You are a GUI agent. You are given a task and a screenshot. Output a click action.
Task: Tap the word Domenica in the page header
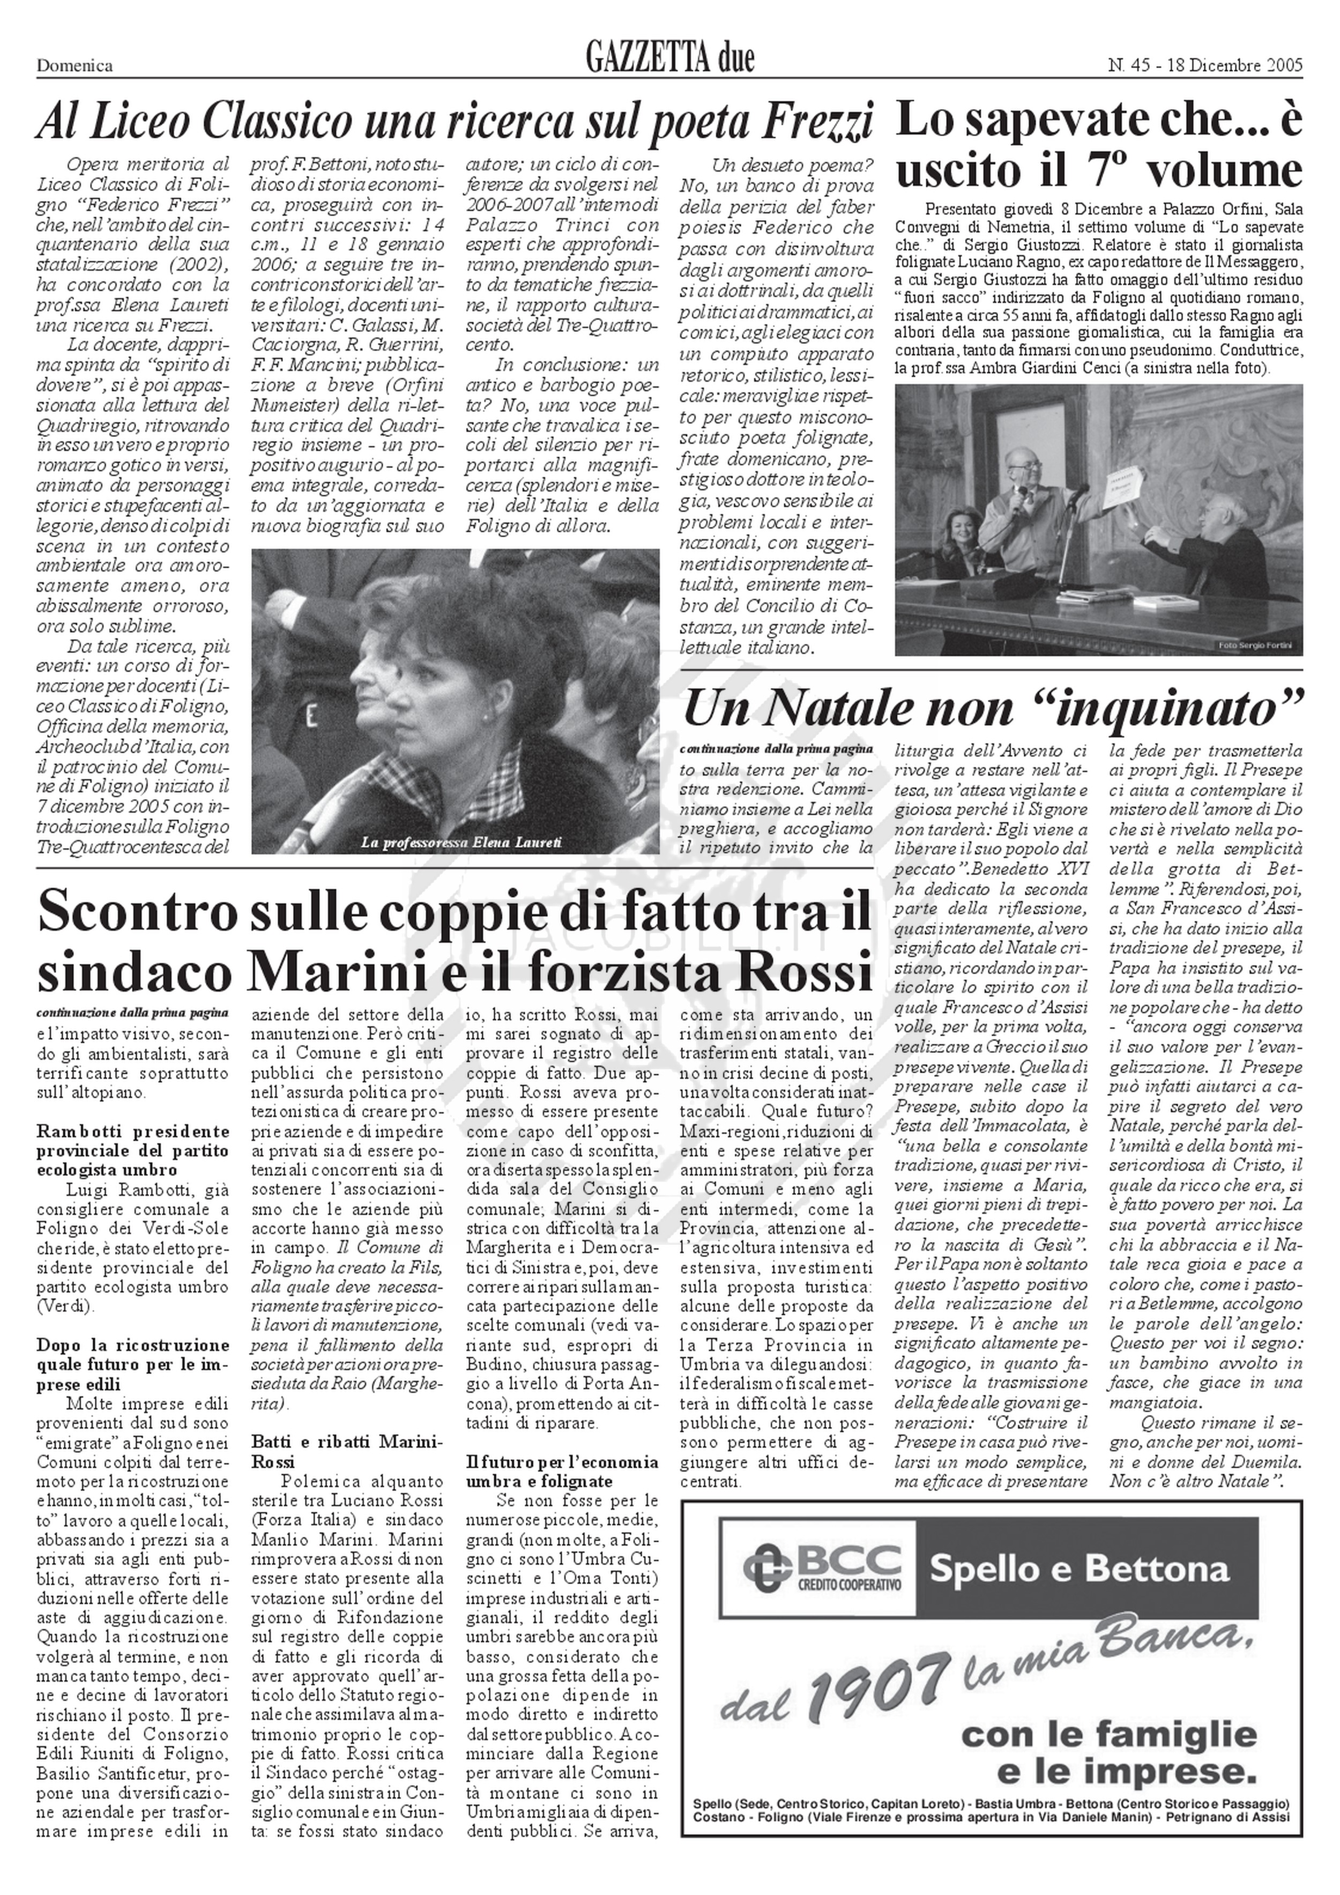pos(75,66)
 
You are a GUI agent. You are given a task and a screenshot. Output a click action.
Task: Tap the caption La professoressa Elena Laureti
pos(461,843)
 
